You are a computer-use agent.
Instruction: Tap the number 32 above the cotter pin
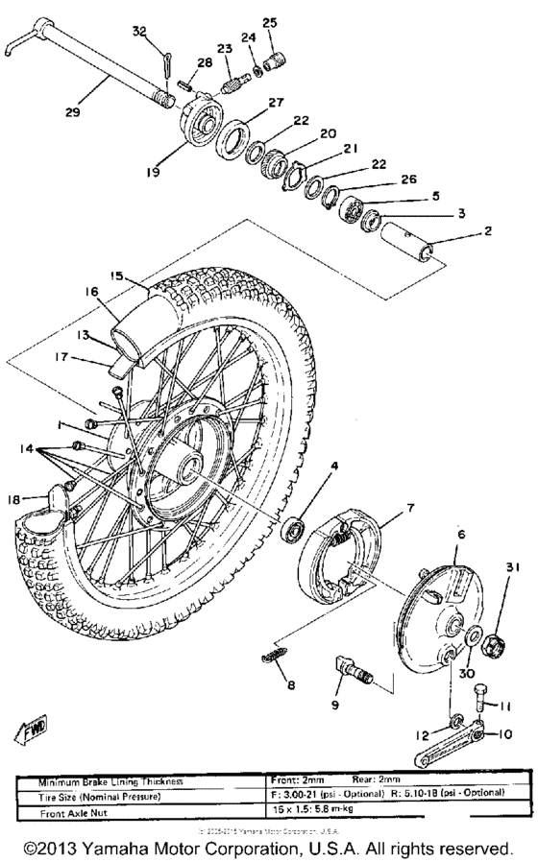click(139, 32)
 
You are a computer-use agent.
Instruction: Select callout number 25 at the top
click(269, 22)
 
